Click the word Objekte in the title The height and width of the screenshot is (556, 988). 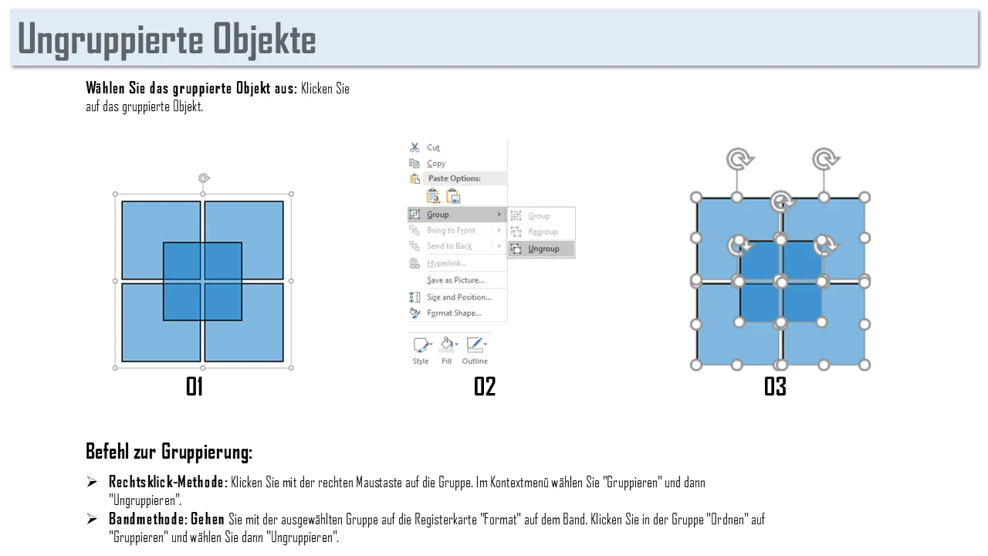(265, 39)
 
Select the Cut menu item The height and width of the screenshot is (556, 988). (433, 147)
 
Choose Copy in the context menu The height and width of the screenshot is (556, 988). (436, 163)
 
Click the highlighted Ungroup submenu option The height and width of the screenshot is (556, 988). (543, 249)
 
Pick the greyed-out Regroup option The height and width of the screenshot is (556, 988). (543, 232)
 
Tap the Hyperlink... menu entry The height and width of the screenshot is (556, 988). (446, 263)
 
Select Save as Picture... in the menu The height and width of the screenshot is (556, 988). (455, 280)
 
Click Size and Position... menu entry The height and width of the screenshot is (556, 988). (459, 297)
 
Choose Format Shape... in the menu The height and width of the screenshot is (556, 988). (454, 313)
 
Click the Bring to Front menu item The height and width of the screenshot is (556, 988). (451, 230)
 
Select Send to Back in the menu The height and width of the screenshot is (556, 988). (449, 246)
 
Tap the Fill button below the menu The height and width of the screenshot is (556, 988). (446, 351)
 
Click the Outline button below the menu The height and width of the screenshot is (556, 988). (475, 351)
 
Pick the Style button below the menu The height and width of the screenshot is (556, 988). (421, 351)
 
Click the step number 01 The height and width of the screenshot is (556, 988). (195, 387)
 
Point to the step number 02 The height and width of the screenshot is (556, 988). (485, 387)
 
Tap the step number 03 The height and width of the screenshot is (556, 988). (775, 387)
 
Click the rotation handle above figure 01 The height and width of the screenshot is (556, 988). (203, 178)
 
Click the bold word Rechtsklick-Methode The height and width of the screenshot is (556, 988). (166, 483)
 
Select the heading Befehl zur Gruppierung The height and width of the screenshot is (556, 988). (169, 452)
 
